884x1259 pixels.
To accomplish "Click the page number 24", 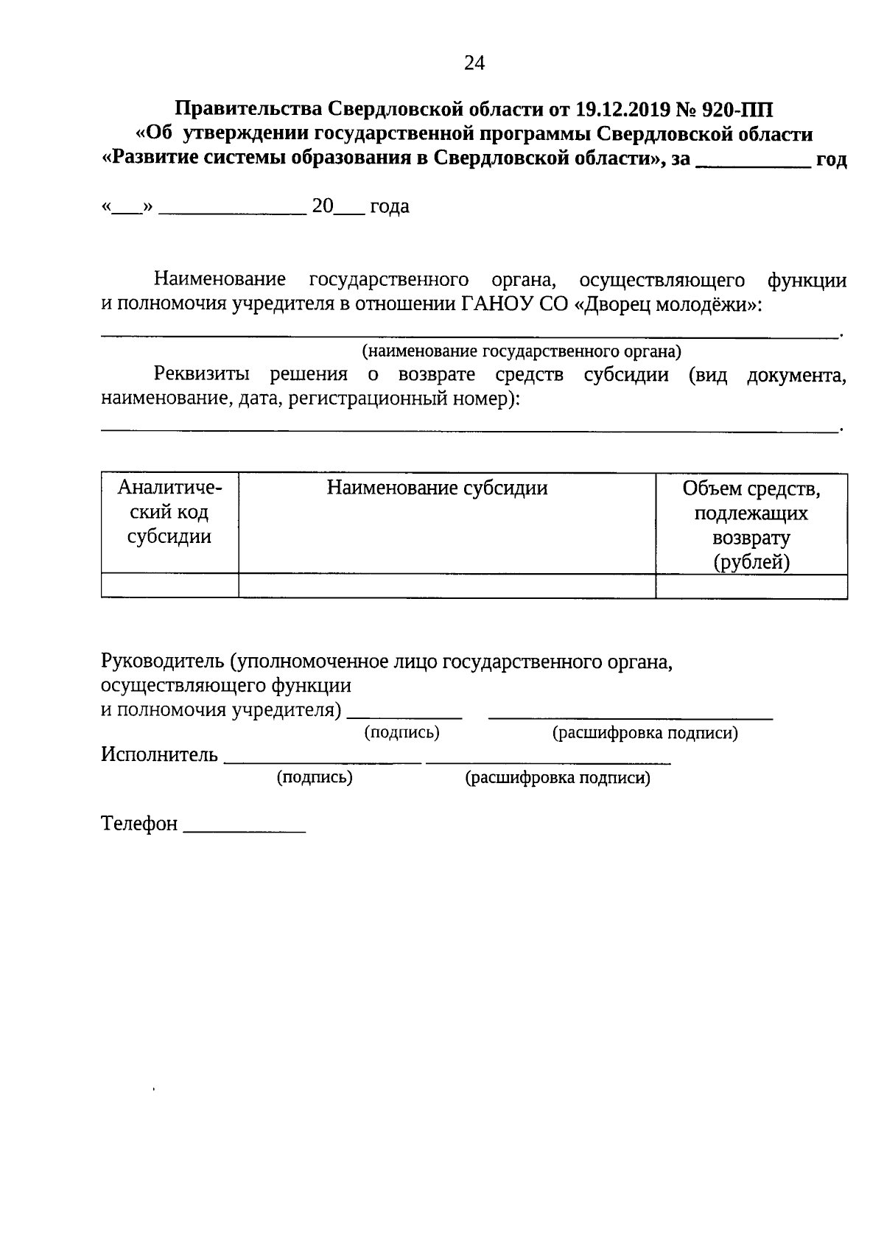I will click(474, 63).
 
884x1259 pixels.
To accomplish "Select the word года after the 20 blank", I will click(389, 207).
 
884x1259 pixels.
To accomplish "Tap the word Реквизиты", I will click(201, 374).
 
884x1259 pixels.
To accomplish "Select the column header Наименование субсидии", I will click(438, 488).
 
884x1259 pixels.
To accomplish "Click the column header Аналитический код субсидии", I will click(169, 512).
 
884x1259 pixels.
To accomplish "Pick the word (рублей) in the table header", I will click(751, 563).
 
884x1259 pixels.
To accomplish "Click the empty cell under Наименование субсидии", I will click(446, 586).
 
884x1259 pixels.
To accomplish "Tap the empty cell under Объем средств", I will click(751, 586).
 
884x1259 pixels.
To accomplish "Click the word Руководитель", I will click(162, 662).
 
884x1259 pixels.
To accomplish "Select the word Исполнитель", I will click(159, 755).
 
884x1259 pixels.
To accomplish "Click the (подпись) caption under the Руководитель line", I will click(402, 732).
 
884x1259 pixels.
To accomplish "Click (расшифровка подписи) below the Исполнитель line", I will click(558, 778).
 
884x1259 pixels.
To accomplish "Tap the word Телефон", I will click(139, 824).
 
